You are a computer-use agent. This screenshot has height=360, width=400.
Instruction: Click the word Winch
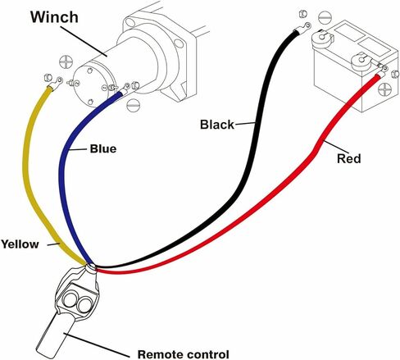click(54, 17)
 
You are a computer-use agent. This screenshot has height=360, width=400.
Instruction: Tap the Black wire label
click(217, 125)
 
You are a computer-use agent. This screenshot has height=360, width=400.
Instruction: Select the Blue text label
click(103, 149)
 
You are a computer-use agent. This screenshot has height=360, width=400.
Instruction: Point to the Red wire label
click(349, 159)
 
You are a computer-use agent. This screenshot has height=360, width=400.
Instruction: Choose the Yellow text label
click(20, 244)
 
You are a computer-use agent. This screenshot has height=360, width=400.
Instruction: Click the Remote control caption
click(183, 354)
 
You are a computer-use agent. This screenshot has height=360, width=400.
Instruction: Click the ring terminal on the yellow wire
click(57, 82)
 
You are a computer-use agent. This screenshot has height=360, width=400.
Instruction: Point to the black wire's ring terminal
click(303, 28)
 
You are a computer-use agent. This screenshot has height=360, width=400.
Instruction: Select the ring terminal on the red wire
click(382, 70)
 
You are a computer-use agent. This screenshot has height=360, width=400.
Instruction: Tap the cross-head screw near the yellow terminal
click(66, 62)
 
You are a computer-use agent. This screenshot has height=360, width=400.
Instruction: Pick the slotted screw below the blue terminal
click(134, 104)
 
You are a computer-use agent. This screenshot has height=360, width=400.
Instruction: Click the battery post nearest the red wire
click(361, 61)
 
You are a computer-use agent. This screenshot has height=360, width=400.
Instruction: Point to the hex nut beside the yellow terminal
click(48, 78)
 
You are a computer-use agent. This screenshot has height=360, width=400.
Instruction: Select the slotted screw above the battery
click(325, 17)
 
